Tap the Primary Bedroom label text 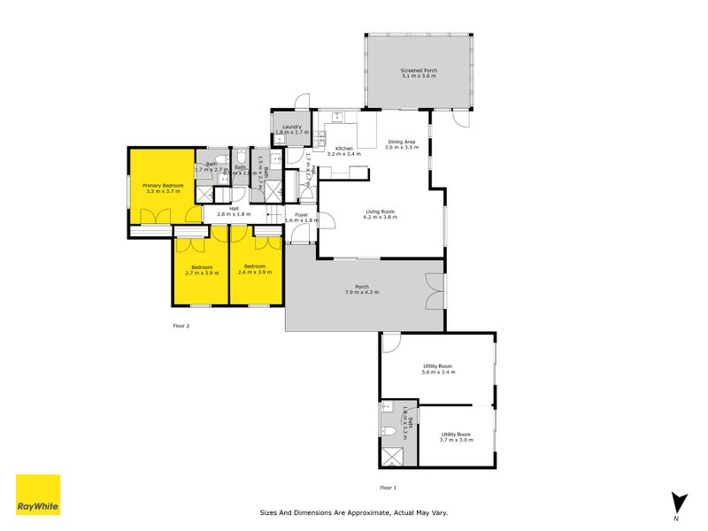point(162,185)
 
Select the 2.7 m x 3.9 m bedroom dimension point(202,273)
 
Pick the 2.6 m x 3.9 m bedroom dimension point(255,273)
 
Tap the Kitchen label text point(343,150)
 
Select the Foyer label point(301,214)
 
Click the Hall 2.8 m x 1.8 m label point(235,211)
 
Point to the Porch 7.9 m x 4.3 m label point(362,288)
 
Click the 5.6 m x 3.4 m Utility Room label point(438,368)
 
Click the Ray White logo point(38,495)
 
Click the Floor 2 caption point(181,326)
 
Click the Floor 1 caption point(389,488)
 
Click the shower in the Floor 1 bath point(391,456)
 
